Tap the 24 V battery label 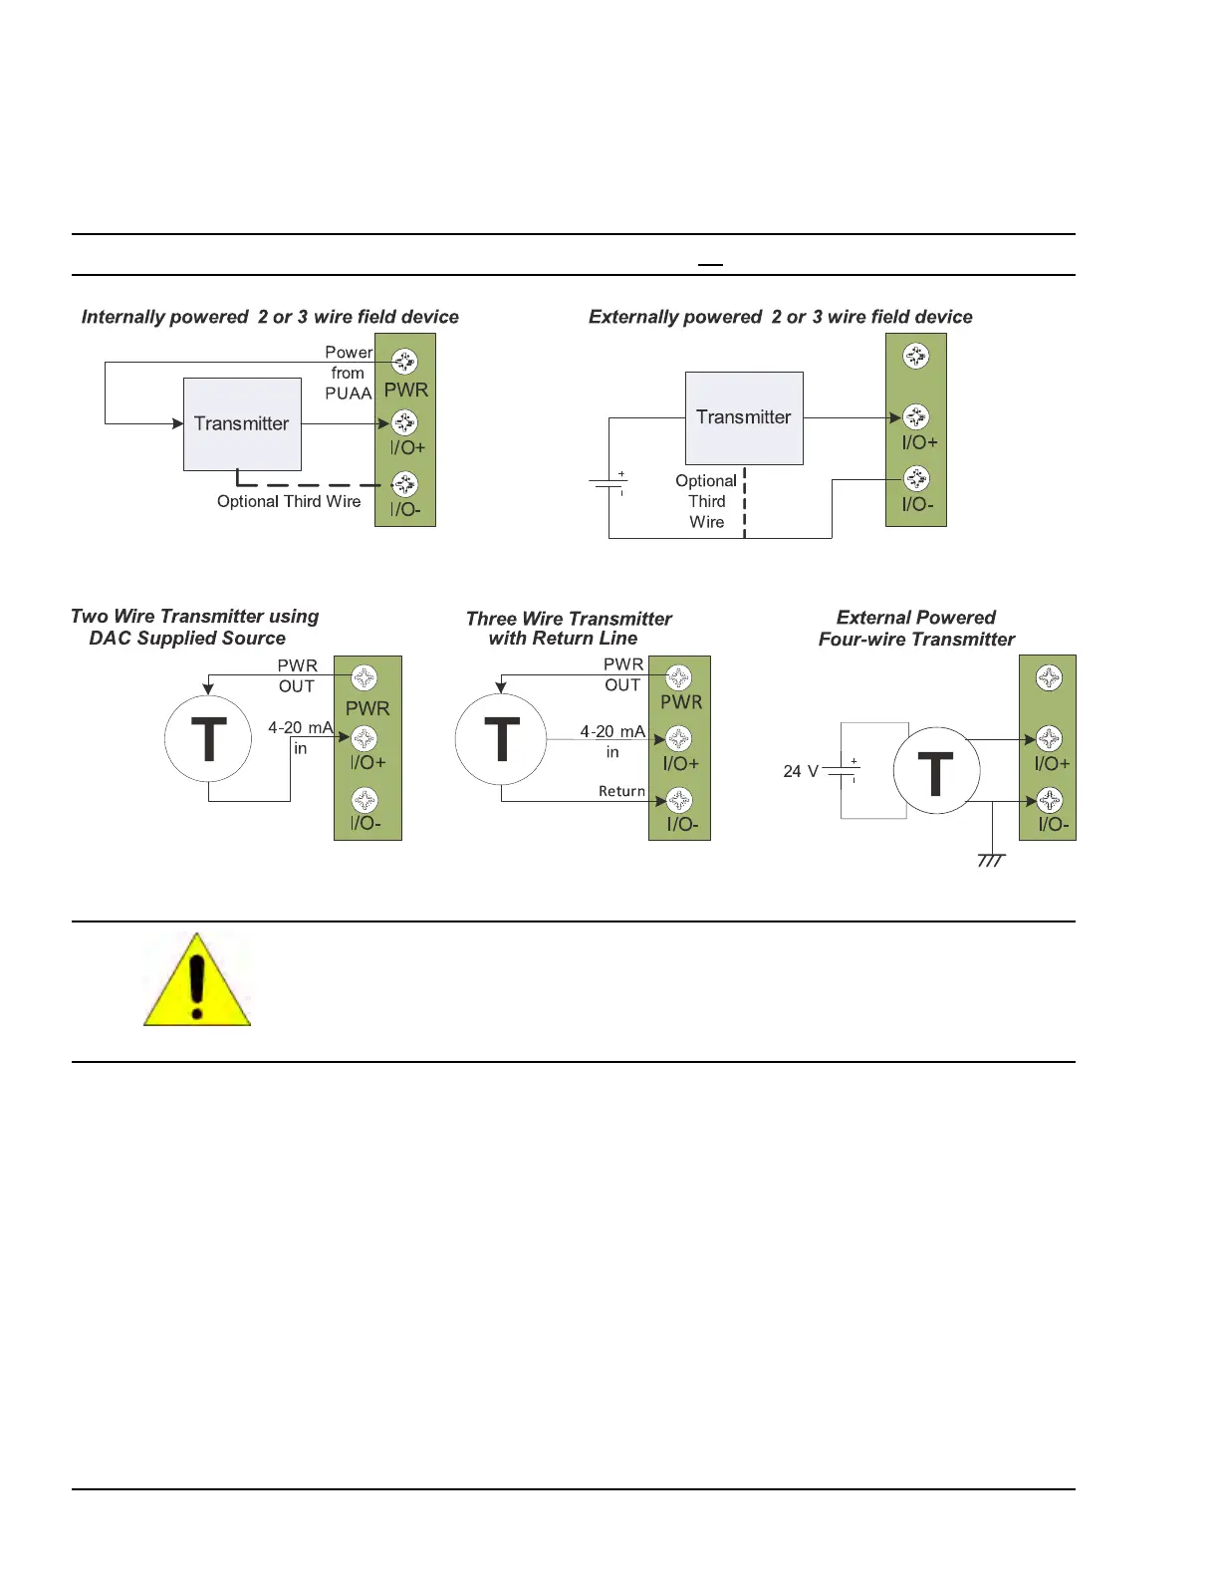[x=801, y=771]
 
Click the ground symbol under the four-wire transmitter [x=991, y=860]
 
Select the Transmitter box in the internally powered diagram [x=242, y=423]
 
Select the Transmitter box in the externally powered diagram [x=744, y=417]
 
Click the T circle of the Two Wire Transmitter [x=208, y=739]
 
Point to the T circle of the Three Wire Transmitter [x=501, y=739]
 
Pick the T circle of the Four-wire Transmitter [x=936, y=771]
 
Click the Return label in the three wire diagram [x=621, y=791]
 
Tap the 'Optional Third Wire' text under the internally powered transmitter [x=289, y=501]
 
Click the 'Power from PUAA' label [x=349, y=373]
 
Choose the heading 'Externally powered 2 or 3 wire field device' [x=781, y=317]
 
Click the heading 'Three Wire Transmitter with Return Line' [x=568, y=629]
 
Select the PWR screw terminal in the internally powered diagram [x=404, y=361]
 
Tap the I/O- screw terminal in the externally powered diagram [x=916, y=478]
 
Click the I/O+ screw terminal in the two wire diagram [x=365, y=738]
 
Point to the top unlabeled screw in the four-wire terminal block [x=1049, y=677]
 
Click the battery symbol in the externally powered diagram [x=608, y=484]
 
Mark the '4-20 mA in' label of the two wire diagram [x=300, y=737]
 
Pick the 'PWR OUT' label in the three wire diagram [x=623, y=674]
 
